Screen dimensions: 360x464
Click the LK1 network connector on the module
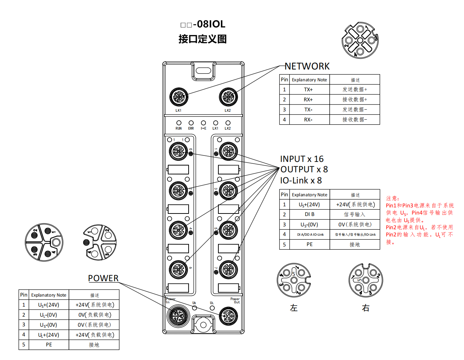179,97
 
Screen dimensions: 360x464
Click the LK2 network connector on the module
228,97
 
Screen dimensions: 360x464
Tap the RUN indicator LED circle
179,123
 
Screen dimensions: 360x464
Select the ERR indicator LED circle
191,123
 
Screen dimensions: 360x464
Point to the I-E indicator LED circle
203,123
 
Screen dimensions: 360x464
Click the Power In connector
178,316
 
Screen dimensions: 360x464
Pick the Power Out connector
228,316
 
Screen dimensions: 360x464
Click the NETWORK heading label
307,66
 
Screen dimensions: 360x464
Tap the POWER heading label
103,278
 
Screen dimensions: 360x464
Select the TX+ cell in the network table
308,90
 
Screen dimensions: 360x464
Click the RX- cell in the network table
308,120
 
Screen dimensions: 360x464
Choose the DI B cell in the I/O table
309,214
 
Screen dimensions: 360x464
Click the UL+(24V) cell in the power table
49,335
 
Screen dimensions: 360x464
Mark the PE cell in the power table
49,345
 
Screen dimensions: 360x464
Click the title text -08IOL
209,24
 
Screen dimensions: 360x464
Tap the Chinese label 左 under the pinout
294,308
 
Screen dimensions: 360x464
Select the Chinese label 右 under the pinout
365,308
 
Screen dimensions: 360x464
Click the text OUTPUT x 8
304,169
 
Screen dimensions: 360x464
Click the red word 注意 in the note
392,198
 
